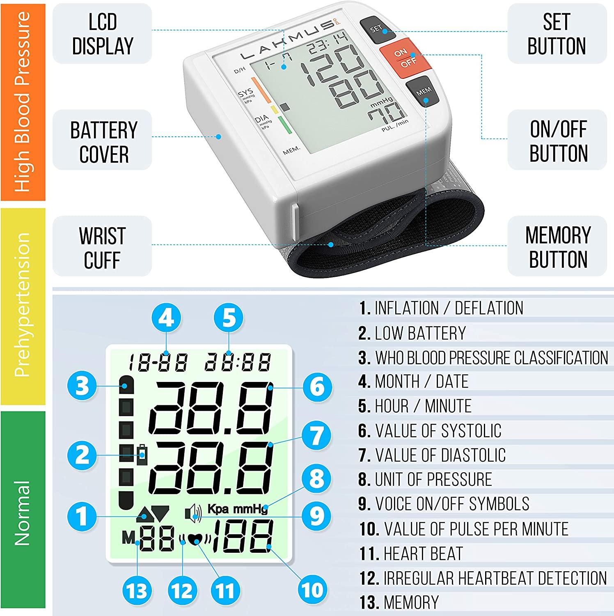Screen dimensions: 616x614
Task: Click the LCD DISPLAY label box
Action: click(103, 34)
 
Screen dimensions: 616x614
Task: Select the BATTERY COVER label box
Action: click(103, 142)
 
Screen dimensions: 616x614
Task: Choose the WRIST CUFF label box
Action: click(103, 247)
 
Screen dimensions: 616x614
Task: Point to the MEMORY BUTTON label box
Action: click(557, 247)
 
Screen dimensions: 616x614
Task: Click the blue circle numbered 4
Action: click(166, 318)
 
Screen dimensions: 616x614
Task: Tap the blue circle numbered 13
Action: click(137, 591)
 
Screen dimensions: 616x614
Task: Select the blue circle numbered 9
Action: click(317, 516)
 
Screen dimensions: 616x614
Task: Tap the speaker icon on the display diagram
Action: click(193, 513)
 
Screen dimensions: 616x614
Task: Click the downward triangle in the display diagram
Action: click(160, 513)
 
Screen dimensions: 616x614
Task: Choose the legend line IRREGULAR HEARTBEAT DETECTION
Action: click(483, 578)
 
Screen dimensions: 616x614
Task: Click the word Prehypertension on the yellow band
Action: click(23, 306)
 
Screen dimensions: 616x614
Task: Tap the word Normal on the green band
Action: click(23, 513)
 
